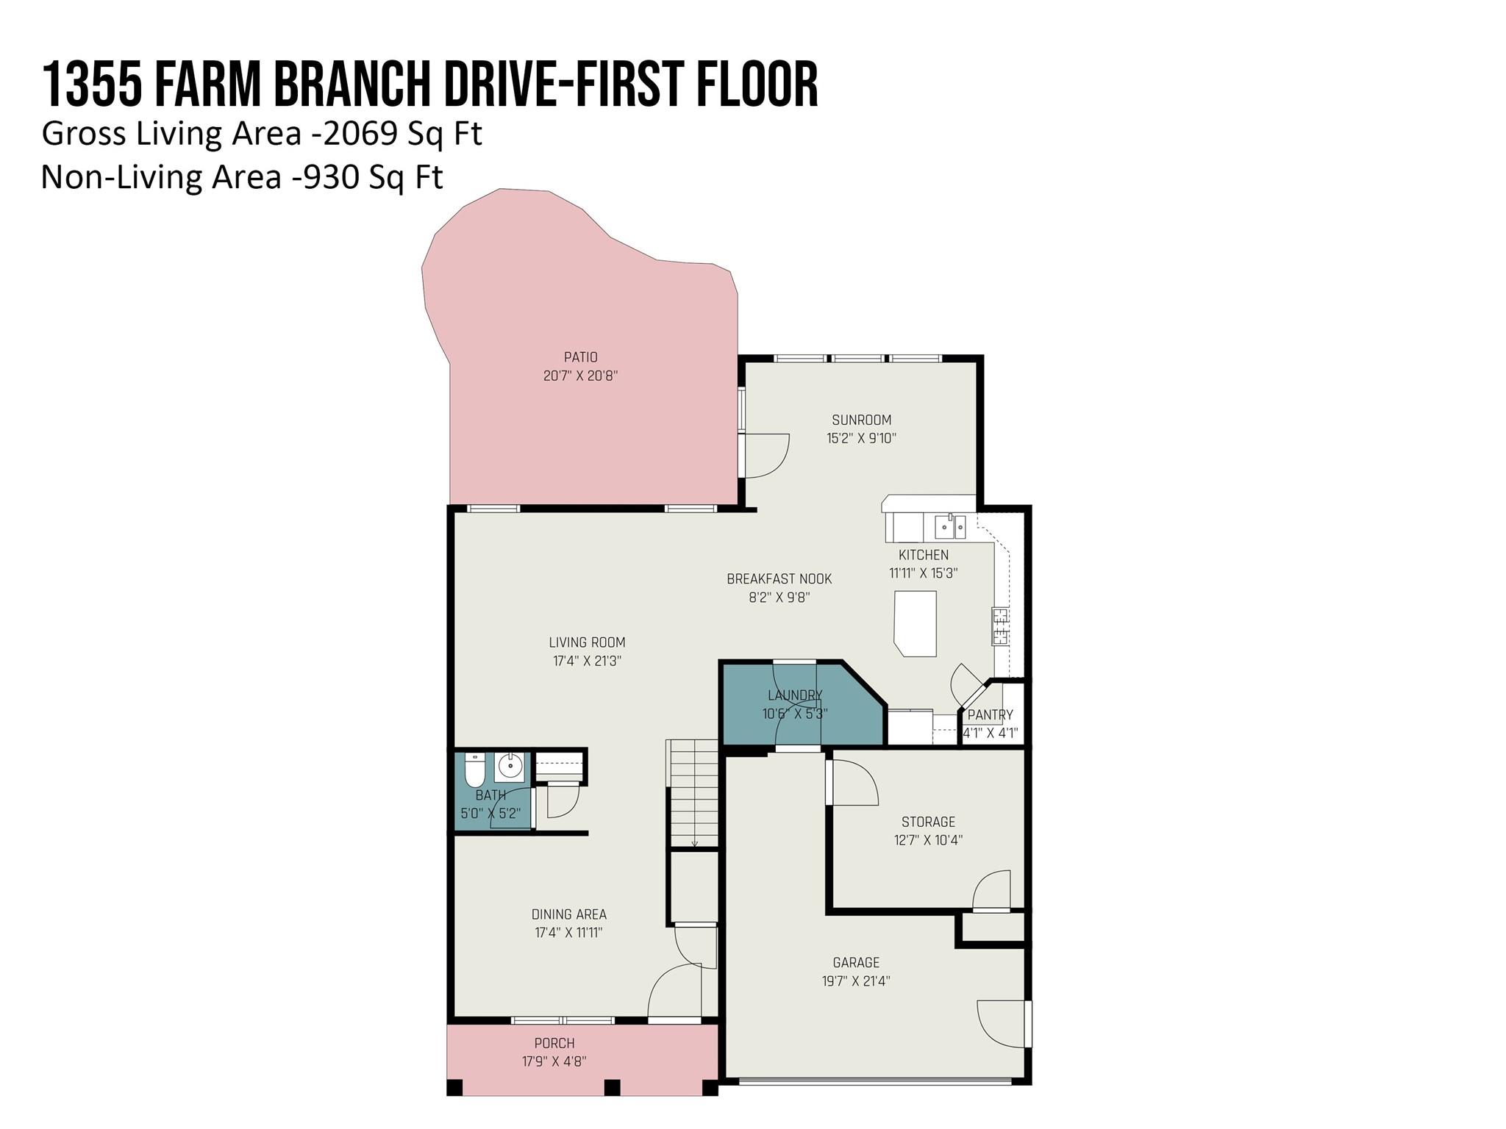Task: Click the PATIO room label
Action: [580, 357]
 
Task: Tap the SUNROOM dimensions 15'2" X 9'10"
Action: [861, 438]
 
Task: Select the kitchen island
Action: [916, 623]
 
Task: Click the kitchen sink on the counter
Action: [949, 526]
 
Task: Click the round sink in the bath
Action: [509, 767]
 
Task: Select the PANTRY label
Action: [990, 714]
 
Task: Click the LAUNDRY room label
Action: [795, 695]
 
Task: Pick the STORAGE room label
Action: [928, 822]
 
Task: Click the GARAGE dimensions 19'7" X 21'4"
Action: [856, 981]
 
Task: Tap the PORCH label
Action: [554, 1043]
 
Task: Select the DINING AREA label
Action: [568, 914]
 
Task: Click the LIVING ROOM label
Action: [587, 642]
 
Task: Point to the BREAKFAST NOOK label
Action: [779, 578]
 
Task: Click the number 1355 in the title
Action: [92, 85]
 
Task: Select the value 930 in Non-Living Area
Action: [331, 177]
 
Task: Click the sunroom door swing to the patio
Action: [766, 455]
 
